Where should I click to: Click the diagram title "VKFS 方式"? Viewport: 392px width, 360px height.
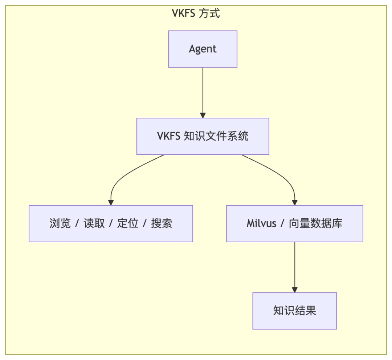click(x=196, y=14)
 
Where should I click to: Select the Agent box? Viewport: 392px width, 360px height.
click(x=203, y=49)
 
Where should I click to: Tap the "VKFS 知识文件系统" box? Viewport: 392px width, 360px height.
click(x=203, y=136)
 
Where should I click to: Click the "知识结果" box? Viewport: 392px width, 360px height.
click(x=294, y=311)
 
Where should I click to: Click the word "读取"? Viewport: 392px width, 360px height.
click(x=94, y=223)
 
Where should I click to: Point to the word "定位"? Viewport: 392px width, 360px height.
click(x=128, y=223)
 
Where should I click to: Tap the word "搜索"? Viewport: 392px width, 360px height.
click(x=162, y=223)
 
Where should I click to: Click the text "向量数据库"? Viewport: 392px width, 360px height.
click(x=316, y=223)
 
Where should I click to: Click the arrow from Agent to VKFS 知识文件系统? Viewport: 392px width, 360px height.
click(x=203, y=91)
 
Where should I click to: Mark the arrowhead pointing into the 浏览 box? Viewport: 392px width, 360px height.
click(x=111, y=202)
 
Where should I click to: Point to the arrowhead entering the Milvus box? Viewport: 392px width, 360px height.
click(x=294, y=202)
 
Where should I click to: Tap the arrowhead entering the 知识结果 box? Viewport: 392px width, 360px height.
click(x=294, y=290)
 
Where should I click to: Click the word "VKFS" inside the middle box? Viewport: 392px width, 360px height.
click(x=169, y=136)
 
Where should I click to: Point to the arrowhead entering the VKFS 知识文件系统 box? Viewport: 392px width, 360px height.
click(x=203, y=115)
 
